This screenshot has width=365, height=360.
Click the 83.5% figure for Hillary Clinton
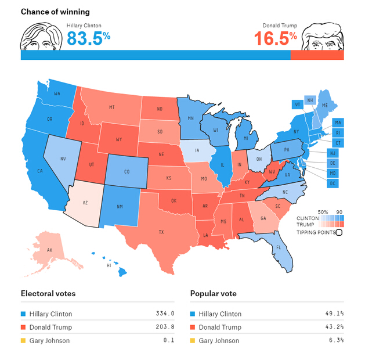coord(88,38)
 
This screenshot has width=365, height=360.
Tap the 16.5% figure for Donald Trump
coord(276,38)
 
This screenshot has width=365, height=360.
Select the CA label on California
coord(40,171)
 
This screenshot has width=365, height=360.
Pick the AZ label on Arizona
coord(86,203)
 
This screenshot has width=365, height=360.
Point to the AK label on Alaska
coord(49,250)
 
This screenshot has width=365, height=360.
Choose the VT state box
coord(297,104)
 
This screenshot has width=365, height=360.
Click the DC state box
coord(333,183)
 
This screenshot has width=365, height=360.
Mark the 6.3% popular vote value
coord(337,341)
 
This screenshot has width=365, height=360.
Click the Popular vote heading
coord(214,293)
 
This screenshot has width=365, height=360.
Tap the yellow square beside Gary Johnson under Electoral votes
coord(24,341)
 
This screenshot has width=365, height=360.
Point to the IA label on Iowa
coord(198,150)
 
